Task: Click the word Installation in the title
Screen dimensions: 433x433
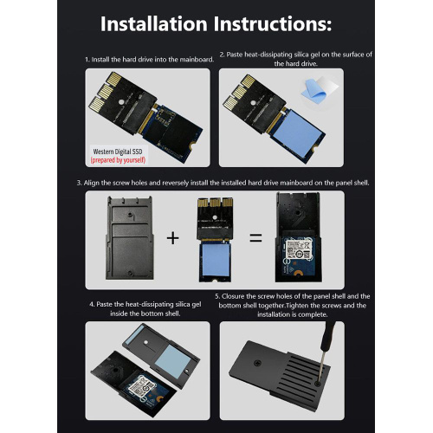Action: pos(154,23)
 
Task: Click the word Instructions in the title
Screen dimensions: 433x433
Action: pos(273,23)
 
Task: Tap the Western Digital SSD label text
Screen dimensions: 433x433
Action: pos(118,152)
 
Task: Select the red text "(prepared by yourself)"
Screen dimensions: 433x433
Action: pos(118,160)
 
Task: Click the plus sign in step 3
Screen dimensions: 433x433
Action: pos(173,238)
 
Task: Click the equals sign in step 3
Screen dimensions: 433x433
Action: pos(255,238)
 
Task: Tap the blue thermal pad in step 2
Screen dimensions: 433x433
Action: pos(296,133)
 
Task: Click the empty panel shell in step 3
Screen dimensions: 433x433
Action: pos(130,238)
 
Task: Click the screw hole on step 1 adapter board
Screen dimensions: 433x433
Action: pos(121,102)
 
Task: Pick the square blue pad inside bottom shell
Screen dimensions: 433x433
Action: pos(173,362)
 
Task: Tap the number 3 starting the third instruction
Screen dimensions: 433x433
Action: pos(79,183)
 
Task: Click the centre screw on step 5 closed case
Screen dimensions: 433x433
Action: pos(257,363)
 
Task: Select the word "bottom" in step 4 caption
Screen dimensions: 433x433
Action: pos(154,313)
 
